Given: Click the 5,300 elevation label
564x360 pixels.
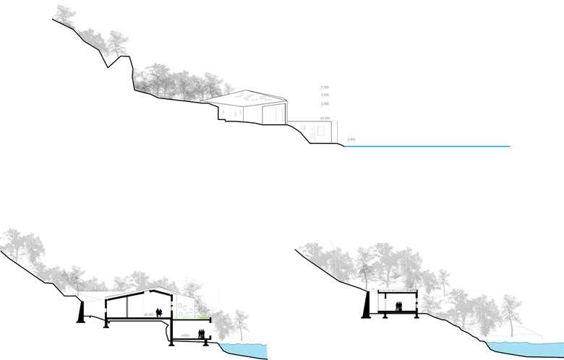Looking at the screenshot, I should pos(325,87).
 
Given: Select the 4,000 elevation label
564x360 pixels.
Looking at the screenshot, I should pos(325,95).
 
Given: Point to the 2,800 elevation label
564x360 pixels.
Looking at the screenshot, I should pos(325,104).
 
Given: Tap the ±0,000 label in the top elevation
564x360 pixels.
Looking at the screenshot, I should pos(325,118).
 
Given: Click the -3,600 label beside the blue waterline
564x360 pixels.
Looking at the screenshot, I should pos(351,139).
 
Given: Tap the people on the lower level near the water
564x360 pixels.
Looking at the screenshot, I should pos(201,335).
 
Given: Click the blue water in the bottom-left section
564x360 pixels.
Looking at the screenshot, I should pos(246,352).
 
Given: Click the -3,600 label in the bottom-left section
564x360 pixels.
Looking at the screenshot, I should pos(186,335).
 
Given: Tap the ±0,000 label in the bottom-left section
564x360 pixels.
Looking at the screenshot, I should pos(150,314).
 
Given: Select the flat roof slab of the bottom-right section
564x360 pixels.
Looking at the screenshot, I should pos(397,291).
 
